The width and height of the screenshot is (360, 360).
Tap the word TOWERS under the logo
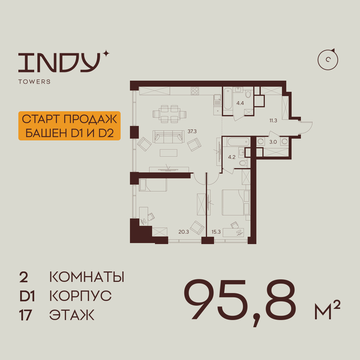coord(35,82)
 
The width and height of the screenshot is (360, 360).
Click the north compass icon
coord(328,60)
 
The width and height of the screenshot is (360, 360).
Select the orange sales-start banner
coord(69,126)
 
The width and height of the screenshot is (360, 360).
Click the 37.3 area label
coord(192,131)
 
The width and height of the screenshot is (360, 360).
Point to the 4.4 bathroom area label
coord(240,103)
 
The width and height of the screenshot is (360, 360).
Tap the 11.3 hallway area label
coord(273,121)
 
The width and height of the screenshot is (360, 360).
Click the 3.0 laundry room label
coord(273,142)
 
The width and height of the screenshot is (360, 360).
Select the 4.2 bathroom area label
coord(231,157)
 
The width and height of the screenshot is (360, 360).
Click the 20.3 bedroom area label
coord(184,232)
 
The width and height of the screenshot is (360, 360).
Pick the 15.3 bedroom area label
coord(216,232)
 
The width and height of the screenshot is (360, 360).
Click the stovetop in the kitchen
coord(195,91)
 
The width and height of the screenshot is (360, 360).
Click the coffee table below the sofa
coord(168,153)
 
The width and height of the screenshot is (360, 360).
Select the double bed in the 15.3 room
coord(236,202)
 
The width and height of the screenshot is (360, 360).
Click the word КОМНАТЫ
coord(87,277)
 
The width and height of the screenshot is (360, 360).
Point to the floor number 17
coord(25,315)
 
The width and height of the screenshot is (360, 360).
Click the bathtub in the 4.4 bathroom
coord(228,98)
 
